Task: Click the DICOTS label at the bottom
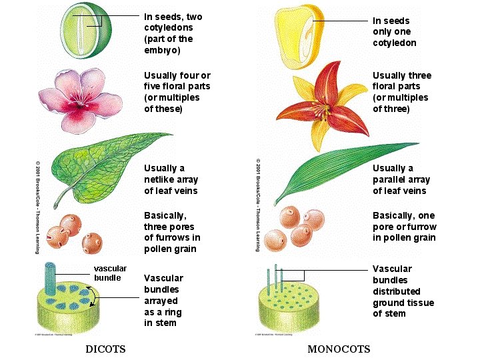pos(105,349)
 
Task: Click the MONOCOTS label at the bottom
pos(339,349)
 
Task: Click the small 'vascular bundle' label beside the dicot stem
pos(109,273)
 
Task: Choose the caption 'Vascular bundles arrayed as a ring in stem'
pos(163,300)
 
